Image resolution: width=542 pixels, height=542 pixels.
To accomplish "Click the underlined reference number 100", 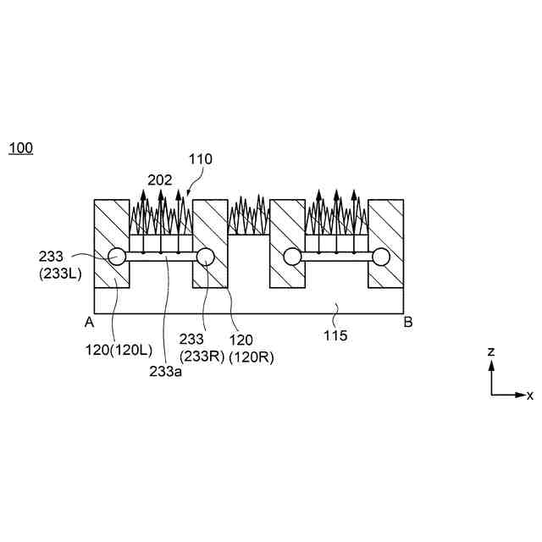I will tap(20, 148).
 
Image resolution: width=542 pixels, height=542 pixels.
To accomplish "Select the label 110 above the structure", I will tap(201, 158).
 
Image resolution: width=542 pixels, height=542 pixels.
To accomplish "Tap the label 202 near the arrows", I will tap(159, 180).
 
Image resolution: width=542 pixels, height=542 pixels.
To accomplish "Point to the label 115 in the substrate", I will tap(335, 335).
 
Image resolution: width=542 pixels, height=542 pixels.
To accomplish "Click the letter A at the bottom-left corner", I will tap(88, 322).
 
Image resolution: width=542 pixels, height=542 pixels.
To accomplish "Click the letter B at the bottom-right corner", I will tap(408, 322).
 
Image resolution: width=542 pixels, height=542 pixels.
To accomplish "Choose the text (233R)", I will tap(201, 356).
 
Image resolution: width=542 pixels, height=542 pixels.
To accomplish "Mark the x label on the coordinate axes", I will tap(530, 395).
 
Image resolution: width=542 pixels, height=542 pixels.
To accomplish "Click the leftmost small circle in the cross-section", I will tap(116, 257).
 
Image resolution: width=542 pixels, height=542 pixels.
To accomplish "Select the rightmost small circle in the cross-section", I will tap(381, 257).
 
